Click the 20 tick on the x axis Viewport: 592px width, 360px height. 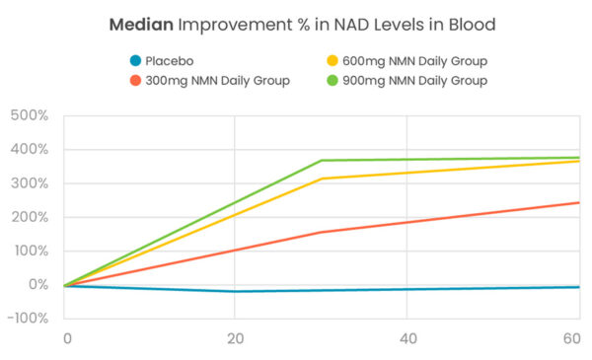(x=235, y=338)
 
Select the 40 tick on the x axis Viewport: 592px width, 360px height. (x=406, y=338)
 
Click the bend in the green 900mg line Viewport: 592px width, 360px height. (x=321, y=161)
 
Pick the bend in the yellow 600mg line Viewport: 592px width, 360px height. (x=321, y=179)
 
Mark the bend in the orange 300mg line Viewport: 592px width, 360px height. (x=321, y=233)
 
